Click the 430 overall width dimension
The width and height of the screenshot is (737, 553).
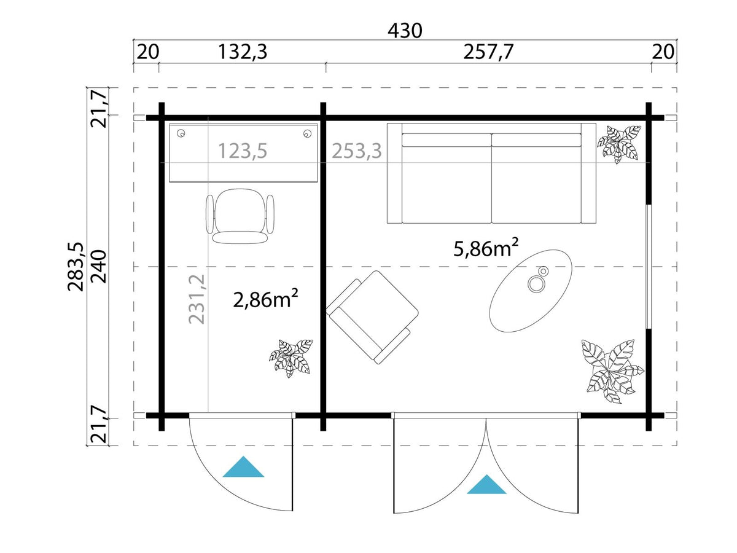coord(405,31)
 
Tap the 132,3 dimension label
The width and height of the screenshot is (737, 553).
coord(243,52)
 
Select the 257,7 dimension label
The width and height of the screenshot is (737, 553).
coord(488,52)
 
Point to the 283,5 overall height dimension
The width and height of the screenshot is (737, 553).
coord(75,266)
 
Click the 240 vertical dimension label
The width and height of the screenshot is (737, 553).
coord(99,267)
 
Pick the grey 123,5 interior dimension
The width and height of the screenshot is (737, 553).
coord(243,151)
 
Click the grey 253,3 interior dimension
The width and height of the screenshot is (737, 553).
coord(357,151)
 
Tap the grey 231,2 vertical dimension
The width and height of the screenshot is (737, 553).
coord(197,299)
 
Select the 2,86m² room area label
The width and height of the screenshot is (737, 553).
coord(265,299)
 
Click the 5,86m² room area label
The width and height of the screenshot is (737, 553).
coord(486,248)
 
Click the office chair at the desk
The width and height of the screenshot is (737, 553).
coord(240,216)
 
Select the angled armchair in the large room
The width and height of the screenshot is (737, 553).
coord(372,317)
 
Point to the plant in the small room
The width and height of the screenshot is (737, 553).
coord(291,358)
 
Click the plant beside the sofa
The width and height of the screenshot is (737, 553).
coord(619,144)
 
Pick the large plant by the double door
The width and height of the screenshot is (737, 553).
coord(612,371)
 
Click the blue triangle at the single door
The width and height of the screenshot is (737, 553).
coord(243,467)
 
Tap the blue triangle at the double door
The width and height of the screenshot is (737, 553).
coord(486,484)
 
